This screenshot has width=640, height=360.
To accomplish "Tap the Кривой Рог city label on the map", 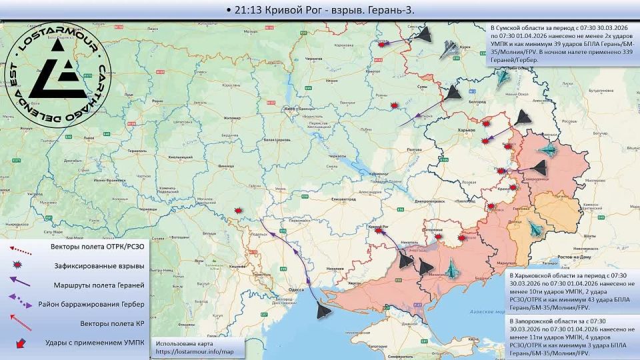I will coord(379,226).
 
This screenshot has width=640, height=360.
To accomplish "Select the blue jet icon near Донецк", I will coord(535,229).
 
